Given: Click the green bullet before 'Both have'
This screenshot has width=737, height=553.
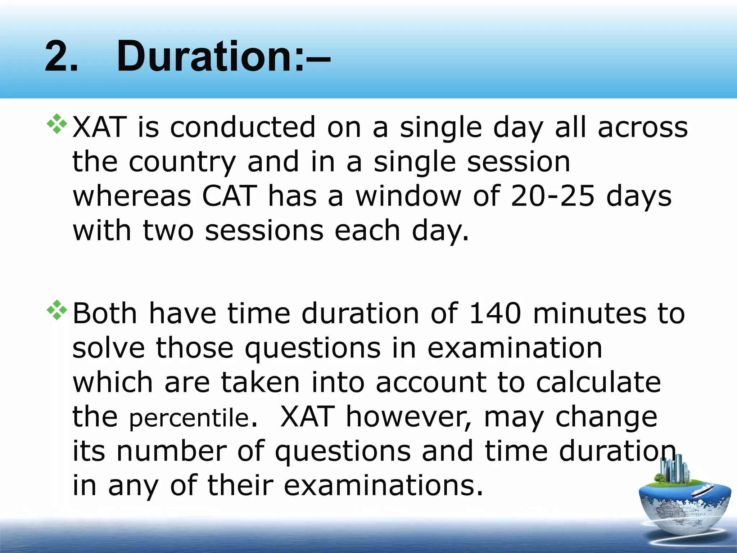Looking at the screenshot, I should tap(57, 310).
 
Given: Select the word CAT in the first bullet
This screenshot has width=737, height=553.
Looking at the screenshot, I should tap(230, 196).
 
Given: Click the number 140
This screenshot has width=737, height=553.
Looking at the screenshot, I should tap(495, 313).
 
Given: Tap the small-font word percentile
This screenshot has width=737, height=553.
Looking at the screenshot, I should tap(189, 418).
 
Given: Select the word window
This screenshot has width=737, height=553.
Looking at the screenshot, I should tap(408, 196).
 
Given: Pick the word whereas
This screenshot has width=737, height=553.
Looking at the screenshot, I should tap(132, 196).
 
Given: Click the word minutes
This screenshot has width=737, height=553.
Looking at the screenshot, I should tap(590, 313).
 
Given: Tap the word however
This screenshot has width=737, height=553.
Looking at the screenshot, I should tap(409, 417).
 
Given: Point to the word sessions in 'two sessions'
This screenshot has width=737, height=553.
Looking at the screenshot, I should tap(264, 231).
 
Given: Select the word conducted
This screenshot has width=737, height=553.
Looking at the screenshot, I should tap(243, 127).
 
